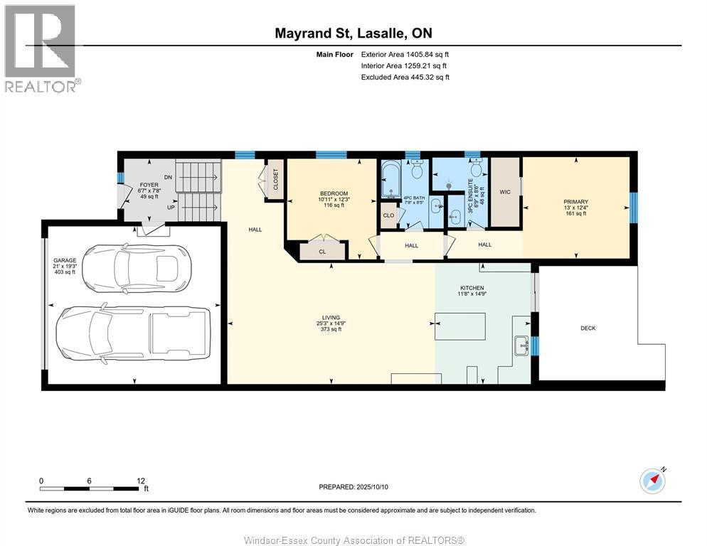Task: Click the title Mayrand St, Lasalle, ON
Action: [353, 33]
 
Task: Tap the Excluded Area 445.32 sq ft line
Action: [405, 77]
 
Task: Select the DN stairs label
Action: [168, 177]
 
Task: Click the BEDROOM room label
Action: [334, 193]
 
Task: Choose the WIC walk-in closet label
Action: [505, 192]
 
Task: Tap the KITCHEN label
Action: [472, 288]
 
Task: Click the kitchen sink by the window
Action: [520, 346]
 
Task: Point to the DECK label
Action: [588, 328]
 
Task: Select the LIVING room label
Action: [331, 317]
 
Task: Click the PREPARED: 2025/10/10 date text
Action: [353, 487]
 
